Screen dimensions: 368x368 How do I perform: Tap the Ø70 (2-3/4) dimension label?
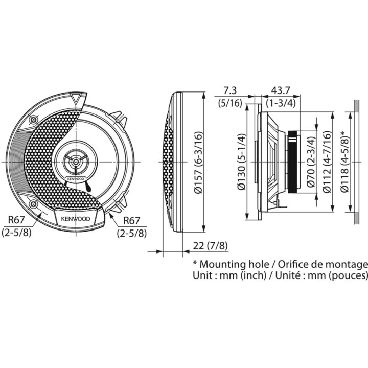tap(312, 162)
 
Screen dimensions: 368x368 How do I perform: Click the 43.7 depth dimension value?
tap(281, 90)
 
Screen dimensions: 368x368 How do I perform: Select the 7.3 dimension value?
tap(229, 90)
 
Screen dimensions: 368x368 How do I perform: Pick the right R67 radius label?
tap(132, 220)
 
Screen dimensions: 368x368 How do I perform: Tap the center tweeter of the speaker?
tap(76, 162)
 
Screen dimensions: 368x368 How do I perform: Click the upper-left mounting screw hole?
tap(33, 120)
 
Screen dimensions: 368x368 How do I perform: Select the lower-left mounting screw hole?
tap(33, 204)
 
